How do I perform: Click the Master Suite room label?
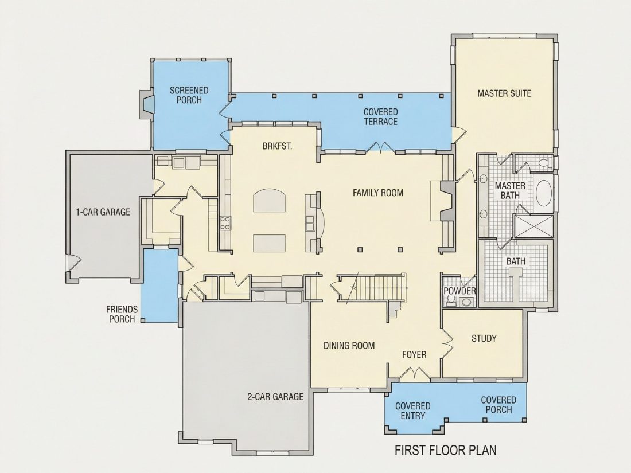pos(504,93)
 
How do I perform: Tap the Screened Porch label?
pos(189,95)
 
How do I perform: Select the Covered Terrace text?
pos(381,116)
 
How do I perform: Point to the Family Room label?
pos(378,193)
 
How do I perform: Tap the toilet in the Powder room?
pos(451,300)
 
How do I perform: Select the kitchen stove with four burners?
pos(225,223)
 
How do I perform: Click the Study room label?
pos(484,338)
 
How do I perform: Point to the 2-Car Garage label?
pos(275,397)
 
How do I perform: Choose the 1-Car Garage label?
pos(103,212)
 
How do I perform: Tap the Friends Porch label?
pos(122,314)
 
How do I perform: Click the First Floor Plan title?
pos(446,449)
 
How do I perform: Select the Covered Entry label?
pos(413,411)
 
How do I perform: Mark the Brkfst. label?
pos(277,146)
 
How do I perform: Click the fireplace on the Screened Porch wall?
pos(146,104)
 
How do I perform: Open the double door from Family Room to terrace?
pos(380,147)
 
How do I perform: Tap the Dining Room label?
pos(349,346)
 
